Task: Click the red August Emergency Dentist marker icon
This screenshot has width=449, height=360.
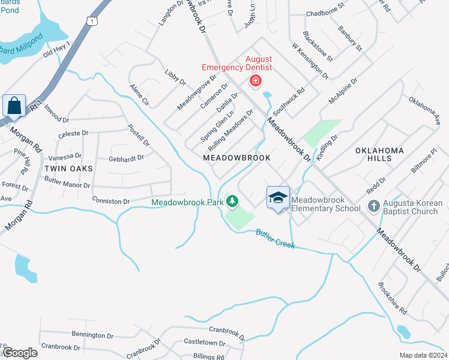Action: coord(255,80)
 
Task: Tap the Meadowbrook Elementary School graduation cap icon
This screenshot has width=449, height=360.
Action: coord(278,197)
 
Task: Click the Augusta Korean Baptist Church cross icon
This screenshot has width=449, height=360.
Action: coord(373,207)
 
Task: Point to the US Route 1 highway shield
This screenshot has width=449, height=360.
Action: coord(91,21)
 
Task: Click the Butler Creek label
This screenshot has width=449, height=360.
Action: coord(276,238)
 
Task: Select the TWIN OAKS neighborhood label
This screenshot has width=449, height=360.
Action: coord(68,169)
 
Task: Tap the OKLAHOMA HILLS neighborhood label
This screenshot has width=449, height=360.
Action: coord(379,154)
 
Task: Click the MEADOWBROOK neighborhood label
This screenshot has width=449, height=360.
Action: coord(237,157)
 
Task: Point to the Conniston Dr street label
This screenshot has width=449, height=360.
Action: coord(111,199)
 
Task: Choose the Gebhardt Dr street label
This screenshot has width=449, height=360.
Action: coord(127,158)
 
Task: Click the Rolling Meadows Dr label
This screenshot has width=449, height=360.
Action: coord(231,130)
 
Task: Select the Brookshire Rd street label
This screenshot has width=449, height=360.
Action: coord(393,299)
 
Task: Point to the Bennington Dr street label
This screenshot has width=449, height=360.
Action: coord(92,335)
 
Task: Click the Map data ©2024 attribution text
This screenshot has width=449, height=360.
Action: coord(423,355)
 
